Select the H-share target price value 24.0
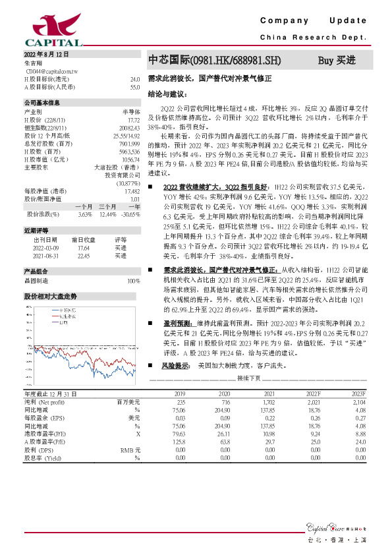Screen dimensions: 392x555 click(134, 78)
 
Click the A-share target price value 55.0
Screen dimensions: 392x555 click(134, 86)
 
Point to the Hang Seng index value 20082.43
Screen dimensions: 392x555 click(129, 127)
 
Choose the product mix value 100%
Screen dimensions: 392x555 click(133, 281)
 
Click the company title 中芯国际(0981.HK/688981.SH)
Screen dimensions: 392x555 click(213, 60)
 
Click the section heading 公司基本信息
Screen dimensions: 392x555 click(42, 103)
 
